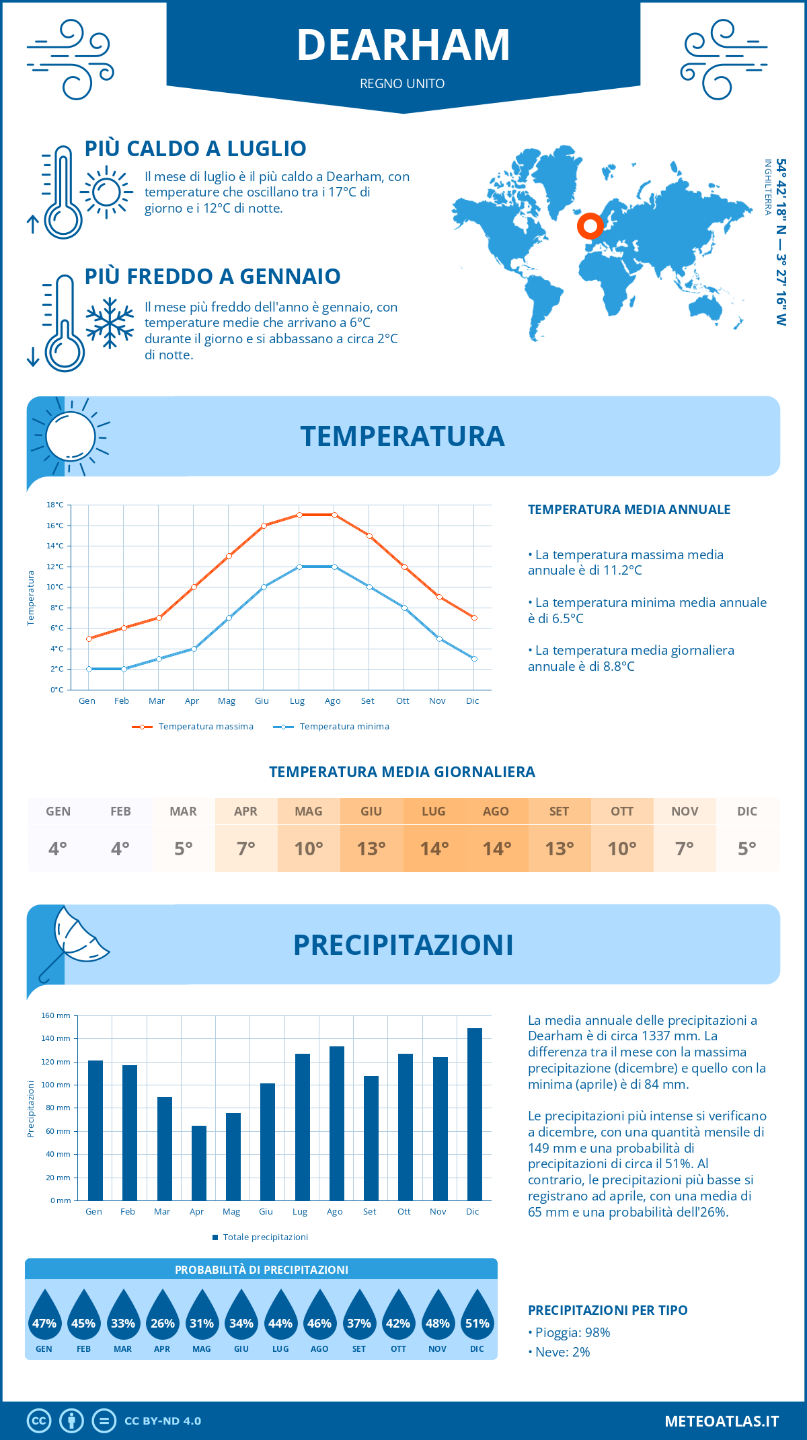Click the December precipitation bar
coord(475,1114)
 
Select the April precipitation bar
coord(199,1163)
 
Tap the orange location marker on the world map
coord(590,226)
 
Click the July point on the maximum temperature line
coord(299,515)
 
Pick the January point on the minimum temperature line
coord(89,669)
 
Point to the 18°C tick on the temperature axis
coord(55,505)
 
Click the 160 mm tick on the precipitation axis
coord(56,1015)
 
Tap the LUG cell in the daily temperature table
coord(434,834)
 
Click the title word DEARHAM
coord(403,45)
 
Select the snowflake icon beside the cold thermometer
coord(110,322)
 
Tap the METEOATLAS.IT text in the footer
coord(722,1420)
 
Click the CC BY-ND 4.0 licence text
coord(163,1420)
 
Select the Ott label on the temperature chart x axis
coord(402,700)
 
